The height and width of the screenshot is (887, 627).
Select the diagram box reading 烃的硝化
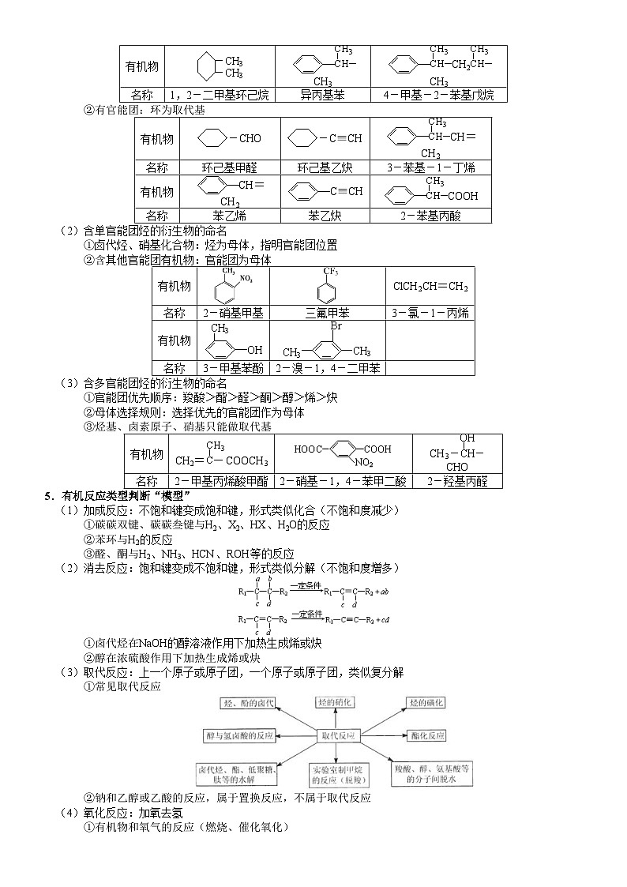[335, 702]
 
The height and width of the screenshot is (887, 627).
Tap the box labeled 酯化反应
[429, 735]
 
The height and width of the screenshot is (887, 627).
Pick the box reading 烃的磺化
[426, 702]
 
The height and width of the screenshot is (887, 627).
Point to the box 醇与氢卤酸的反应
[238, 735]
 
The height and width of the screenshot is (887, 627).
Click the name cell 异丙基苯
[322, 96]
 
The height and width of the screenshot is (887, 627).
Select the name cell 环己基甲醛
[229, 167]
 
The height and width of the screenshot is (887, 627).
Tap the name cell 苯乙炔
[325, 215]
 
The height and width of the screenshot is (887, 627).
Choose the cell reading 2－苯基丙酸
[430, 215]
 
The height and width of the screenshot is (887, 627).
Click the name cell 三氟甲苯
[327, 313]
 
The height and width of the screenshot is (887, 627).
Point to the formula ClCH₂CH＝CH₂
[430, 286]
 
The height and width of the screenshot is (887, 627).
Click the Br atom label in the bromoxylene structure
[336, 326]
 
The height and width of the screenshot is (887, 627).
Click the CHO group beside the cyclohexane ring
[250, 138]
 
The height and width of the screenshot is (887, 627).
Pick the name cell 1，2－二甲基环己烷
[220, 96]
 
